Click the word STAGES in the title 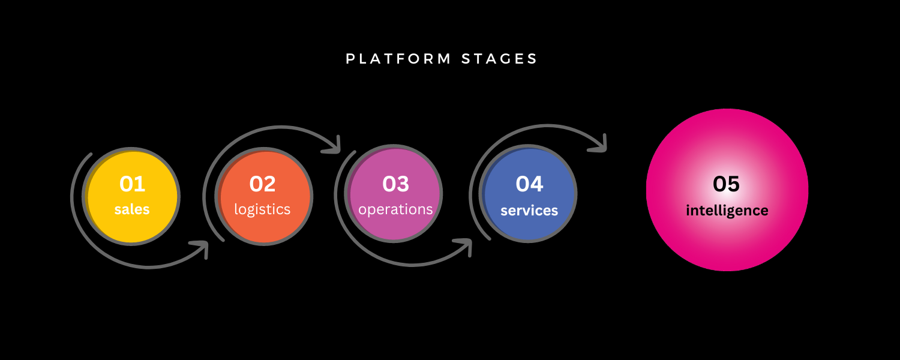[499, 59]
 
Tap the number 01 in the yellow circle [132, 184]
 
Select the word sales [132, 209]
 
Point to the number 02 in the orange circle [262, 184]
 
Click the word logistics [262, 209]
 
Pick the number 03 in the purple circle [396, 184]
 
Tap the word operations [395, 209]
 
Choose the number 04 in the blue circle [530, 184]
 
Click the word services [529, 211]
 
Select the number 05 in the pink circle [726, 184]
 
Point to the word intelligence [727, 211]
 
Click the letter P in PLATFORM [350, 59]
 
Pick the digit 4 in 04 [537, 184]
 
